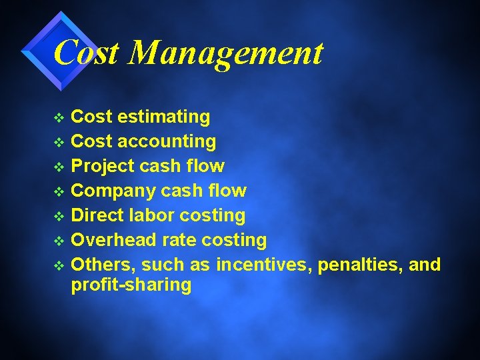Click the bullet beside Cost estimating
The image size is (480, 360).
pyautogui.click(x=59, y=118)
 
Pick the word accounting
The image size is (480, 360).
pyautogui.click(x=167, y=141)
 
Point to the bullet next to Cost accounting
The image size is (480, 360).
pyautogui.click(x=59, y=143)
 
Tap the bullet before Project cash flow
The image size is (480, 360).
pyautogui.click(x=59, y=167)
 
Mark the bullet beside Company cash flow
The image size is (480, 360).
pyautogui.click(x=59, y=192)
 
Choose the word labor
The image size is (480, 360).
pyautogui.click(x=154, y=215)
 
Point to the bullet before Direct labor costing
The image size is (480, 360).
pyautogui.click(x=59, y=217)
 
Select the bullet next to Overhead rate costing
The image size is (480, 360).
pyautogui.click(x=59, y=241)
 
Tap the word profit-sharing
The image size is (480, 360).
pyautogui.click(x=131, y=286)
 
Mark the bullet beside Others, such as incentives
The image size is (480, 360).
pyautogui.click(x=59, y=266)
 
